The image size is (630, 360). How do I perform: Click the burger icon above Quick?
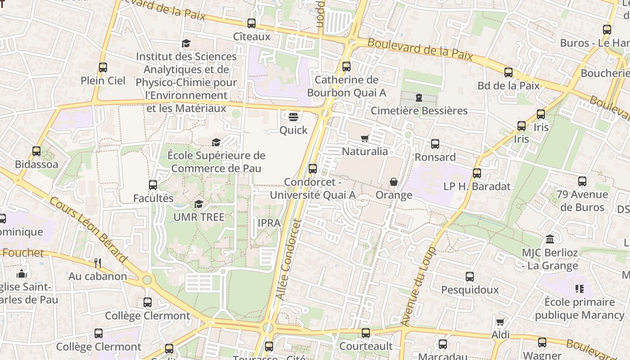pos(293,117)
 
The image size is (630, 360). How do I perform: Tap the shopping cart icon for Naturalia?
pos(364,138)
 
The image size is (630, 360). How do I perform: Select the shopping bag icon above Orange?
pos(394,182)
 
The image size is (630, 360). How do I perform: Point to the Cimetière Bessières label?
pos(419,111)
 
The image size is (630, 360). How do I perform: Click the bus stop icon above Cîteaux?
pos(252,23)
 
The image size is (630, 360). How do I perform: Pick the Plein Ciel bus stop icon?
pos(103,67)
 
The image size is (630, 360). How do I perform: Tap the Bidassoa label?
pos(36,164)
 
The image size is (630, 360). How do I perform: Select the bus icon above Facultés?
pos(153,185)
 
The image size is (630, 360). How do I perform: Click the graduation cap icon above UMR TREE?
pos(198,204)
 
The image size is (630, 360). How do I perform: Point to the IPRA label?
pos(269,223)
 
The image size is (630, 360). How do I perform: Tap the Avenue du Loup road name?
pos(418,287)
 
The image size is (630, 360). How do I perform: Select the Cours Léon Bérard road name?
pos(88,230)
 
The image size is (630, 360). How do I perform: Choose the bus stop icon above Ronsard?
pos(435,144)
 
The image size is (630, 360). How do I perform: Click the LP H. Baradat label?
pos(477,186)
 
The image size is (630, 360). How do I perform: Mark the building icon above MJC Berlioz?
pos(550,239)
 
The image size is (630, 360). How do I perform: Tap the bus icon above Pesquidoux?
pos(470,277)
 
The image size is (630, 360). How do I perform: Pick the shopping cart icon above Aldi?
pos(500,322)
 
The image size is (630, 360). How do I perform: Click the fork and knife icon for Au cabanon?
pos(98,263)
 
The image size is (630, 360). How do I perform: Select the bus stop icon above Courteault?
pos(366,333)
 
